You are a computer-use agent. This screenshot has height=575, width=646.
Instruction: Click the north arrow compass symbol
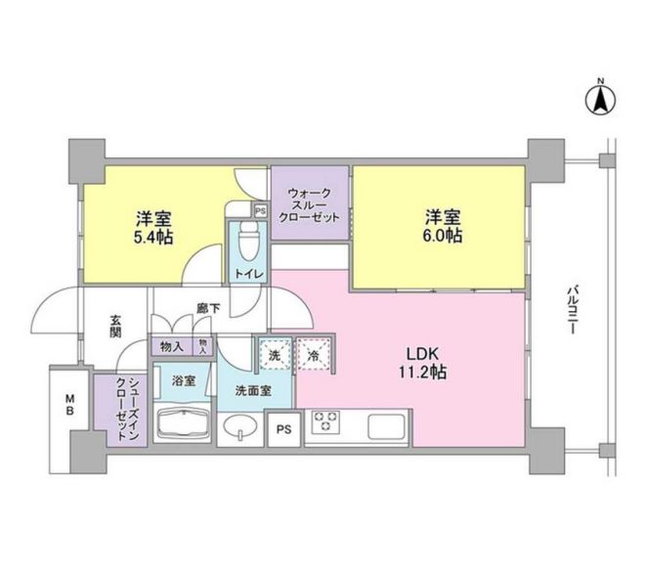(600, 98)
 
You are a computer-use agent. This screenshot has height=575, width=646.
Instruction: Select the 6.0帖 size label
(443, 237)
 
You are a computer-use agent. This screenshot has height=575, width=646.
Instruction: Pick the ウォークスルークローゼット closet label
(310, 206)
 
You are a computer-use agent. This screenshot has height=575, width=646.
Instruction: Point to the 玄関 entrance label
(115, 325)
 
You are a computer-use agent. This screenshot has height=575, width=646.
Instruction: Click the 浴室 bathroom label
(183, 379)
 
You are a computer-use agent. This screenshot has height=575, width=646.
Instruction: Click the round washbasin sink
(239, 426)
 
